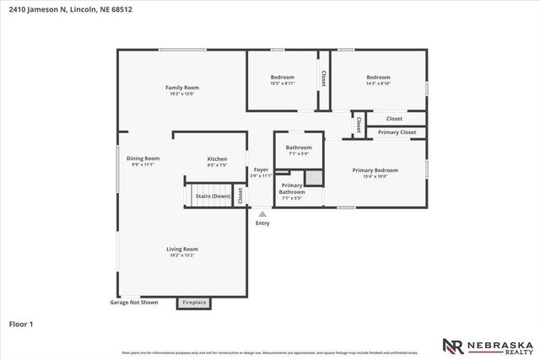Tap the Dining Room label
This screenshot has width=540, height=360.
143,159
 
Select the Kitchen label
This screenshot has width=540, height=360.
218,159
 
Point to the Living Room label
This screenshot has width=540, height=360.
181,249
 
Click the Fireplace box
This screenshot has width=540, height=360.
193,303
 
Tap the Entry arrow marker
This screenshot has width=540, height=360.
262,214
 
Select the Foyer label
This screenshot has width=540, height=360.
262,169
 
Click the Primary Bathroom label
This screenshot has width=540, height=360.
292,188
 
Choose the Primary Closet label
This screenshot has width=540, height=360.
397,132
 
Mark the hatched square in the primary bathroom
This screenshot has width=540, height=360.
313,179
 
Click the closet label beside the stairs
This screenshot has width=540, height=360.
240,196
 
